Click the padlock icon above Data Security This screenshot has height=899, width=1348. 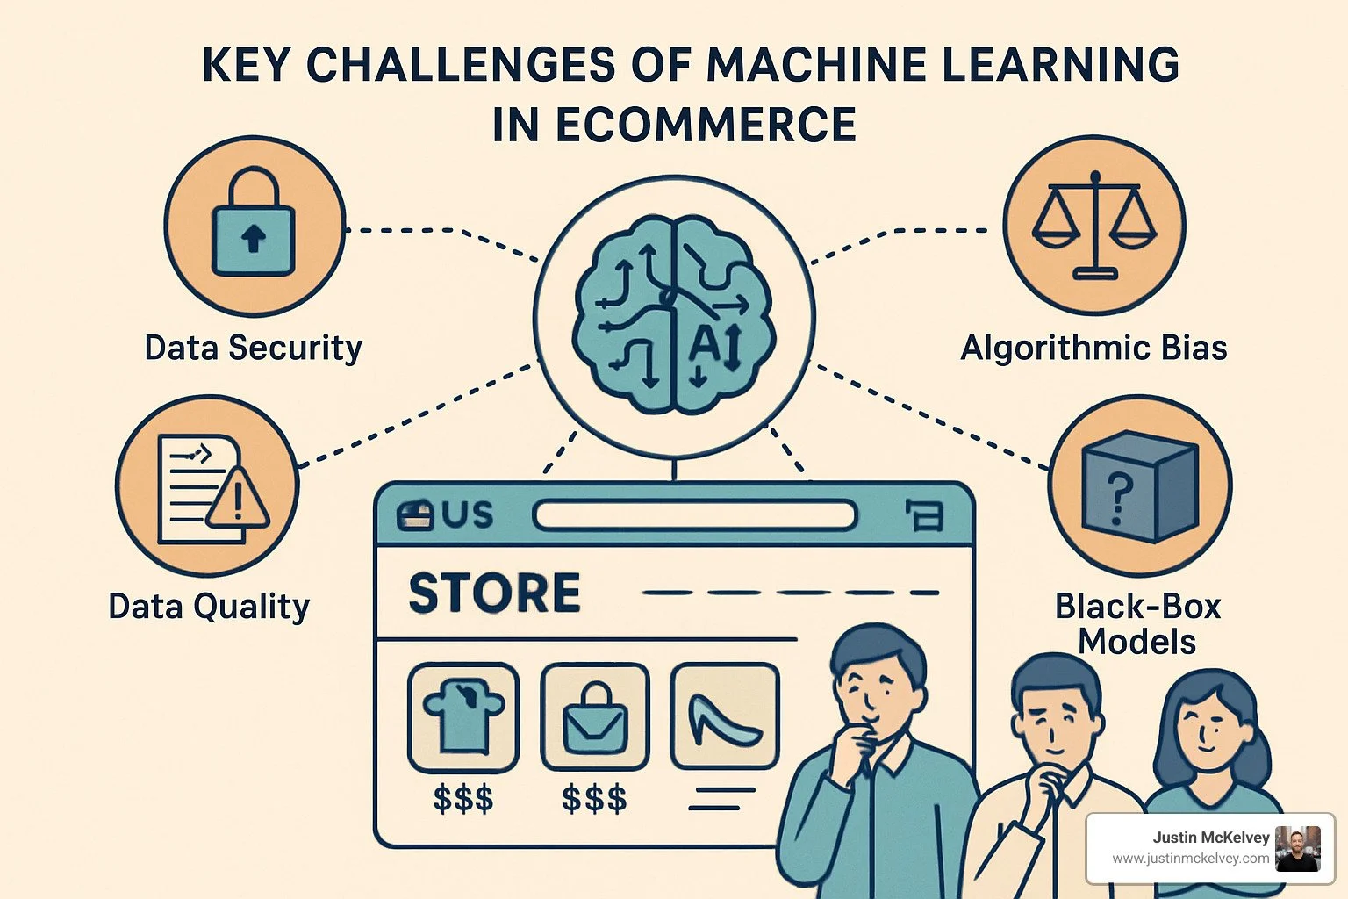pyautogui.click(x=254, y=224)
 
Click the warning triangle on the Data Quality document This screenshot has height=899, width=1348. pyautogui.click(x=236, y=498)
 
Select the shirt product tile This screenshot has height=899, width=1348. pyautogui.click(x=462, y=716)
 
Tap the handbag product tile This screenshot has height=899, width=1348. pyautogui.click(x=594, y=716)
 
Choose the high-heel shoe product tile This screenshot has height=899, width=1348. pyautogui.click(x=724, y=716)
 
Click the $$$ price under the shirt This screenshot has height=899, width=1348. pyautogui.click(x=463, y=799)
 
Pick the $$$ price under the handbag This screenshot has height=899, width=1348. pyautogui.click(x=594, y=799)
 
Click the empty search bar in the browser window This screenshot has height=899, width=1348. pyautogui.click(x=694, y=515)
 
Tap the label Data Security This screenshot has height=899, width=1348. pyautogui.click(x=253, y=348)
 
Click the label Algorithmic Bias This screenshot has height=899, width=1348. pyautogui.click(x=1093, y=348)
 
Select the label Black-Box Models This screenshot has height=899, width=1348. pyautogui.click(x=1137, y=623)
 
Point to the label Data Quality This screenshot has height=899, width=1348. pyautogui.click(x=209, y=606)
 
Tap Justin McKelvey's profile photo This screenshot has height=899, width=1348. pyautogui.click(x=1297, y=848)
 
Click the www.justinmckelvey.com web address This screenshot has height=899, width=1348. pyautogui.click(x=1190, y=859)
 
